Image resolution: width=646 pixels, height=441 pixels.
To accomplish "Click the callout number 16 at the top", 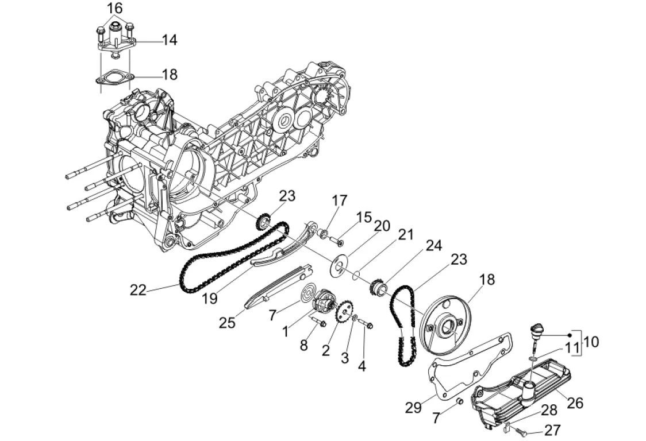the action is click(115, 8).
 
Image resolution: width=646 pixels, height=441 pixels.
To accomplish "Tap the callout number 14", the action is click(170, 40).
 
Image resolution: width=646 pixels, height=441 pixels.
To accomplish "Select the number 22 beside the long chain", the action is click(138, 290).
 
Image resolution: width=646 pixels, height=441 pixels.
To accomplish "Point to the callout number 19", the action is click(210, 298).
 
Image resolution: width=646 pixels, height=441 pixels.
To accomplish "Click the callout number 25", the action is click(227, 322).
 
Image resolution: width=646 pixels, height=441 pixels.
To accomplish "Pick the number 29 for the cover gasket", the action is click(413, 407).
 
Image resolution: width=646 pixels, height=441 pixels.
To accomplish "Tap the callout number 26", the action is click(575, 403).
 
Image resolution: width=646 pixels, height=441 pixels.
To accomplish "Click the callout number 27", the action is click(552, 430).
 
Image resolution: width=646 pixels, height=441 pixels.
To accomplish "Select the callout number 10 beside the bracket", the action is click(591, 342).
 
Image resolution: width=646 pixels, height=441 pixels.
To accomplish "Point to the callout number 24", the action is click(434, 245).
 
